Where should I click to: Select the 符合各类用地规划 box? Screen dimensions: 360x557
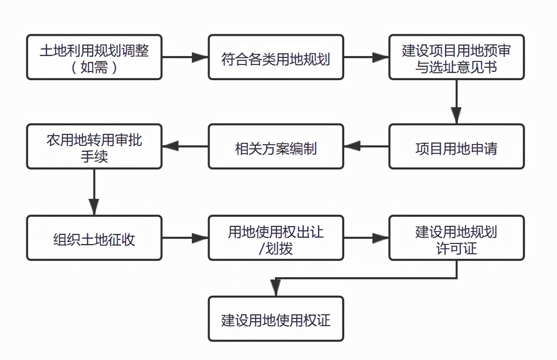click(275, 57)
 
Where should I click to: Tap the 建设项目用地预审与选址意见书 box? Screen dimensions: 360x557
click(456, 57)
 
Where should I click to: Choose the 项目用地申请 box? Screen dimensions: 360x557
click(456, 146)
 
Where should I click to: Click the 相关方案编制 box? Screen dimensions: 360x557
click(275, 146)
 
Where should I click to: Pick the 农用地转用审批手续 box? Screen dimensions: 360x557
click(94, 146)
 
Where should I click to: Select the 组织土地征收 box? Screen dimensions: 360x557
click(94, 238)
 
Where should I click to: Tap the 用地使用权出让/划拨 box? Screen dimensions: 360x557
click(275, 238)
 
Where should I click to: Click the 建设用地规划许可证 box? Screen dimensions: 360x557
click(456, 238)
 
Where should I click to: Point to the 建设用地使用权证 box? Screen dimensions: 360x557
click(275, 319)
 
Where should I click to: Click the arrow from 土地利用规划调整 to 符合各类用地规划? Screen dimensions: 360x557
click(185, 57)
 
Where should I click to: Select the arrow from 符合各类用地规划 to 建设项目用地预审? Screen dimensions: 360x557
click(366, 57)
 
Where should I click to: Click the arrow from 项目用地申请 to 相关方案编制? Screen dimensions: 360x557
click(366, 146)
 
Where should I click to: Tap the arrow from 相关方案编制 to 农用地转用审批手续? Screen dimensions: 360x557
click(185, 146)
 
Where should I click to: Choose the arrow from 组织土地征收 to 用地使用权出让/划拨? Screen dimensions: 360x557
click(185, 238)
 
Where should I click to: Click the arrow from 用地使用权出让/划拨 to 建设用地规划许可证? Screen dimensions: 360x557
click(366, 238)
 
